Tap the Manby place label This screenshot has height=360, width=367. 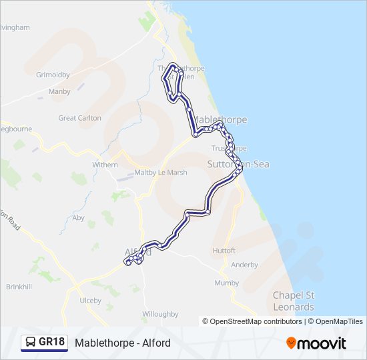59,91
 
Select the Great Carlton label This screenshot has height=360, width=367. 80,118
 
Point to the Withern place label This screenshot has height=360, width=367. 105,165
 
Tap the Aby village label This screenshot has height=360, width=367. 79,217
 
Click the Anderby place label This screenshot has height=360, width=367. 244,265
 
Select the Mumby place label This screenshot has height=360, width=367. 227,283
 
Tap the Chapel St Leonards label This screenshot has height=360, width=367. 294,301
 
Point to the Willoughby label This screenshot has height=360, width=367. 160,314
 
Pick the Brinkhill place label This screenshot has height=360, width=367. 19,287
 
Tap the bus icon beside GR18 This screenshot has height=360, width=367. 31,343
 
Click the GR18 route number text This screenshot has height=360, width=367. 51,343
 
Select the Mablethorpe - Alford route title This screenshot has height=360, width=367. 123,343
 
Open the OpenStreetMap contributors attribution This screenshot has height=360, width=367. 253,321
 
